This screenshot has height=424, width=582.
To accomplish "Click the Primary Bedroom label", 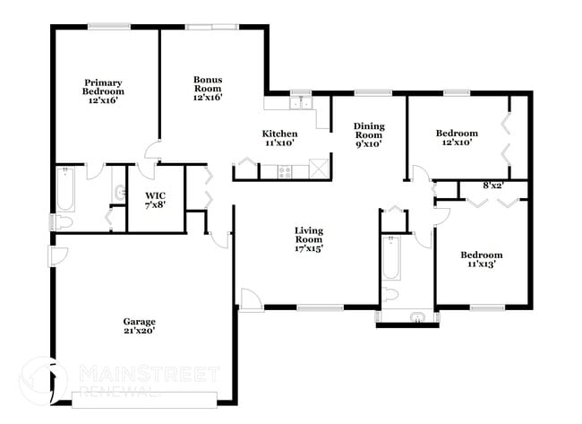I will (x=104, y=91).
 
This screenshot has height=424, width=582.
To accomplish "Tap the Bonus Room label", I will (x=208, y=88).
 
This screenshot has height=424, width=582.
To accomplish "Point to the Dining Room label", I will (x=368, y=134).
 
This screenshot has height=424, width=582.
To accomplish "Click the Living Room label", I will (x=309, y=239).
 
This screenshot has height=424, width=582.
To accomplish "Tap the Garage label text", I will (x=139, y=325).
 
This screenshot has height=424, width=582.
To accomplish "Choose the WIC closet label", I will (x=155, y=200).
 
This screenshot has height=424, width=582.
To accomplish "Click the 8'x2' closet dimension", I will (x=492, y=186).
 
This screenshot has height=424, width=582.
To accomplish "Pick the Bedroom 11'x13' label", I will (x=481, y=259).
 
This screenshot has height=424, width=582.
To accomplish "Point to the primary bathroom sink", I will (x=120, y=191).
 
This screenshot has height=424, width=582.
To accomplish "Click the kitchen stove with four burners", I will (x=287, y=169).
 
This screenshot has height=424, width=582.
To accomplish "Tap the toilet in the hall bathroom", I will (x=391, y=295).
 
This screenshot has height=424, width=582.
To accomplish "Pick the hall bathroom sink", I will (x=418, y=316).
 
